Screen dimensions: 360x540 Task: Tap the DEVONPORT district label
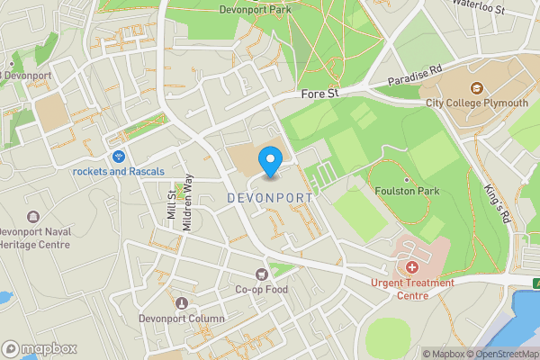coord(270,197)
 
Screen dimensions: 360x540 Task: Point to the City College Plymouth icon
coord(477,88)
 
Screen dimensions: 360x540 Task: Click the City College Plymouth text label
coord(477,103)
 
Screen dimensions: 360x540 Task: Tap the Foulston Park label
coord(408,191)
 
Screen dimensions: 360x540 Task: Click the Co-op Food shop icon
coord(262,274)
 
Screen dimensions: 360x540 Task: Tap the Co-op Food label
coord(262,290)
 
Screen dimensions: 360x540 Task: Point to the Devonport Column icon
coord(183,303)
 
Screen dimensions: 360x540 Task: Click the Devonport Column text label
coord(181,319)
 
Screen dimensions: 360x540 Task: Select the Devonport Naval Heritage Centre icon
coord(33,218)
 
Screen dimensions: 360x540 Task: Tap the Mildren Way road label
coord(187,202)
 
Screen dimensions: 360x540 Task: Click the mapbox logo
coord(40,348)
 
